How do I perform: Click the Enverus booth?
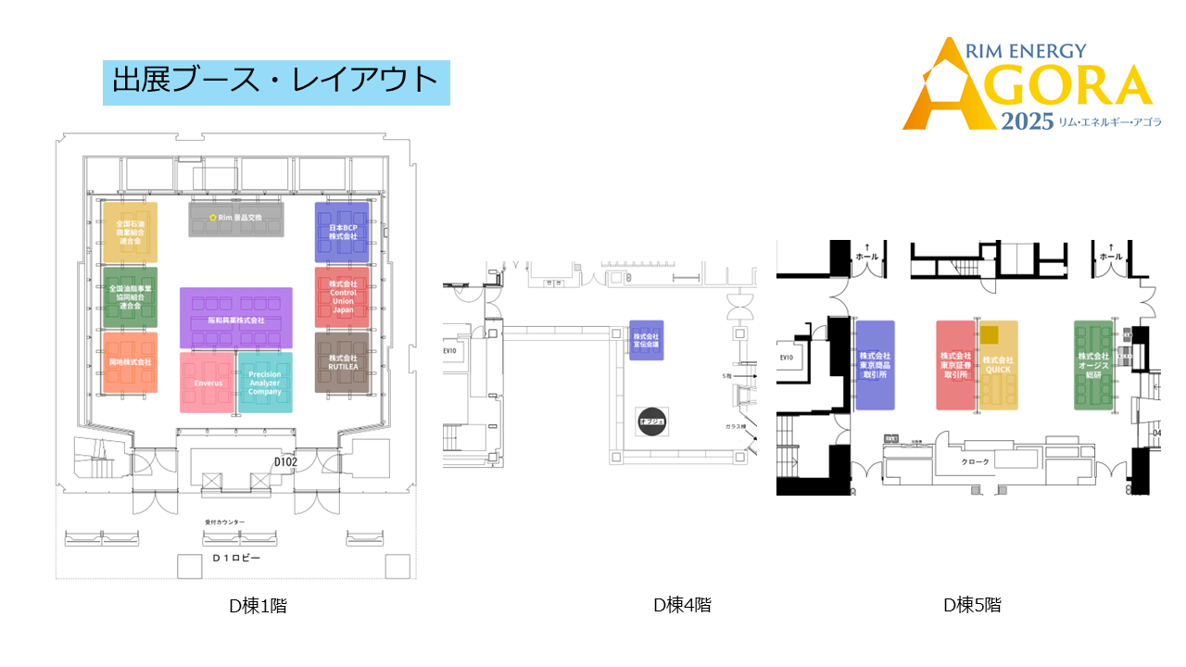tap(208, 383)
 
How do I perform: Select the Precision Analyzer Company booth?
tap(265, 383)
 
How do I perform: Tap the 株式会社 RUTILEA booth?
tap(342, 362)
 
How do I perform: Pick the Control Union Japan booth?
tap(342, 296)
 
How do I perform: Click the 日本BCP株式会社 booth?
tap(342, 232)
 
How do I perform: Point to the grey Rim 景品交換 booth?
tap(237, 219)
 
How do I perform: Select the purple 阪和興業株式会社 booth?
tap(236, 318)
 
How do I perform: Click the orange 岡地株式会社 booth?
tap(130, 362)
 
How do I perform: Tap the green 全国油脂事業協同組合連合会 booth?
tap(130, 296)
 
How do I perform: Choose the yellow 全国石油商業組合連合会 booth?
tap(130, 232)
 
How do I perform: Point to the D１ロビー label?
tap(236, 559)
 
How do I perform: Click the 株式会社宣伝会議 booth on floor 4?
tap(646, 341)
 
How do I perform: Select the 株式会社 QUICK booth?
tap(999, 365)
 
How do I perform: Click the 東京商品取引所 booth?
tap(875, 365)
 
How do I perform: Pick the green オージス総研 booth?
tap(1093, 365)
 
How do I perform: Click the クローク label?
tap(975, 461)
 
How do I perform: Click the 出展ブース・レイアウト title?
tap(275, 81)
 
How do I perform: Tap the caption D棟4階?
tap(682, 605)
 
